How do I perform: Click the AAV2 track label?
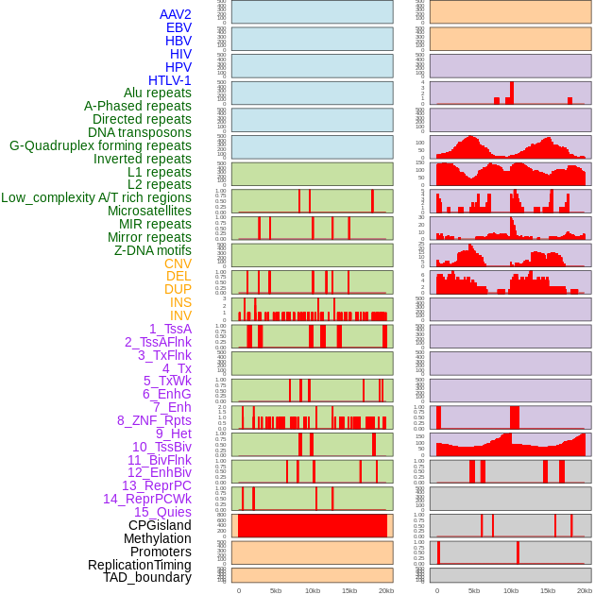[x=175, y=14]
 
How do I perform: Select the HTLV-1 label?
[x=169, y=80]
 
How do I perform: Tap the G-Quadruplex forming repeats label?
[x=100, y=145]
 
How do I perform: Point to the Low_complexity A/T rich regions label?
[x=96, y=197]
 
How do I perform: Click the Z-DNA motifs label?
[x=153, y=250]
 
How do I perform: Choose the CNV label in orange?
[x=178, y=263]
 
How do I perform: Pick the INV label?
[x=180, y=315]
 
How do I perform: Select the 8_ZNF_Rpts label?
[x=154, y=420]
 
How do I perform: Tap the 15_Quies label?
[x=162, y=512]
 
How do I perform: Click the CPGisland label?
[x=160, y=525]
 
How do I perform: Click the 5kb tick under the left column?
[x=276, y=590]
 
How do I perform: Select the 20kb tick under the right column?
[x=585, y=590]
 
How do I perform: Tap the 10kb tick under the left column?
[x=313, y=590]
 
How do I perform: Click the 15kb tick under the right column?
[x=548, y=590]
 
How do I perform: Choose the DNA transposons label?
[x=140, y=132]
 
